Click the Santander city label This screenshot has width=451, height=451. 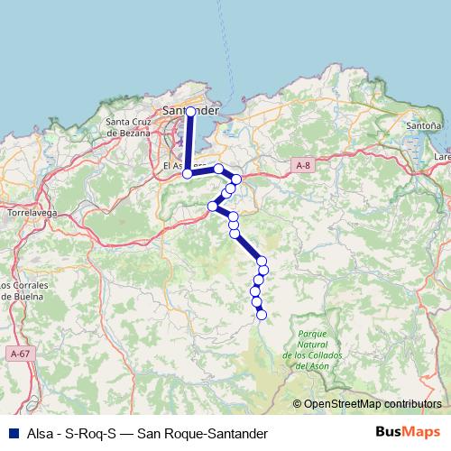tap(191, 110)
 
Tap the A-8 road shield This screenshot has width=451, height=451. tap(303, 165)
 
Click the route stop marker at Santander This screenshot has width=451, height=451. tap(190, 112)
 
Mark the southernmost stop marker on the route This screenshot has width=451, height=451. tap(262, 315)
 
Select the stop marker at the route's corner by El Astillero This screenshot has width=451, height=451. tap(188, 174)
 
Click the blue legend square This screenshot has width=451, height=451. tap(13, 431)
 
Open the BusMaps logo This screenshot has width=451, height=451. tap(409, 430)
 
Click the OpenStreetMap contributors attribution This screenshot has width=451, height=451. tap(373, 403)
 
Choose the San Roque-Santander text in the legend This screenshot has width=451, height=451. tap(202, 431)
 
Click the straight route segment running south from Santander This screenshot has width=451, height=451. tap(189, 143)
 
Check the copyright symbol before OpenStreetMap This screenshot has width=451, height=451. tap(297, 403)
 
